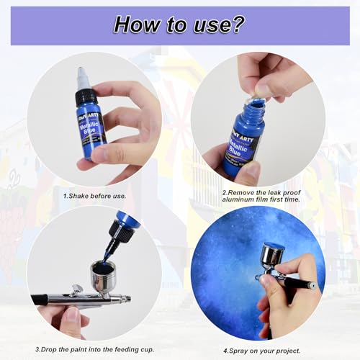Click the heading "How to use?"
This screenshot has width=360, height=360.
point(179,24)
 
